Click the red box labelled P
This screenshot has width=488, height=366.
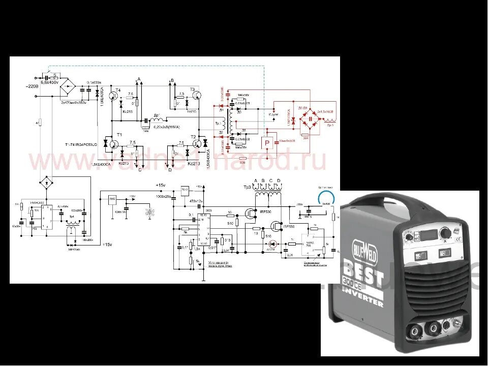(x=266, y=143)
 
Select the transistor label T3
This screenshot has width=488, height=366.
(x=193, y=89)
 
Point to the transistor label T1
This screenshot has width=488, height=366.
(x=120, y=134)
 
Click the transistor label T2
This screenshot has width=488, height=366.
(x=193, y=137)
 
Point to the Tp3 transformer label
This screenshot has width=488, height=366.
(x=248, y=188)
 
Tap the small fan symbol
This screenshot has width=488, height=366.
(x=149, y=211)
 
